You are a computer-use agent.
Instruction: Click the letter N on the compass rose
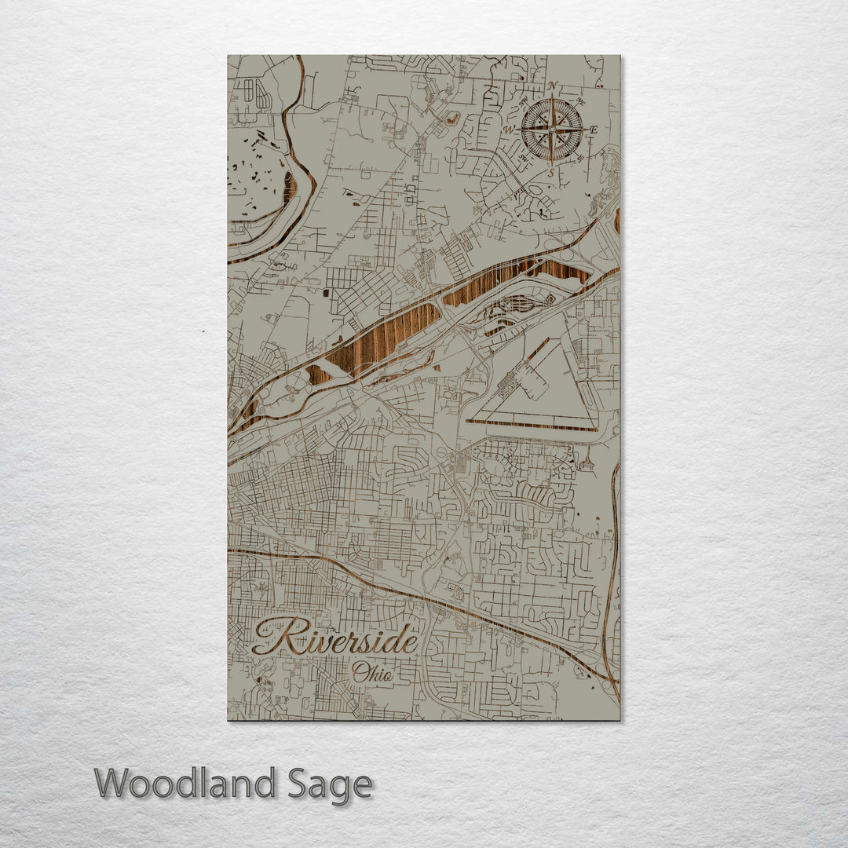pos(553,86)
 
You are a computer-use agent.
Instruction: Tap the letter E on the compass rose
pos(594,130)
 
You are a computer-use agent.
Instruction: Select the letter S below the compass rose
pos(551,170)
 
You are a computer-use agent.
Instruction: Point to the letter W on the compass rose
pos(509,130)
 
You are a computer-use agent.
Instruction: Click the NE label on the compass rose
pos(580,101)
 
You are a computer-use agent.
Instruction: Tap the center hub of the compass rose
pos(552,128)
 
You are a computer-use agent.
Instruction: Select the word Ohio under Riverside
pos(372,673)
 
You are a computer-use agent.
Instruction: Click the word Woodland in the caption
pos(185,784)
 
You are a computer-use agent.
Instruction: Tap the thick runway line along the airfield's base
pos(533,424)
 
